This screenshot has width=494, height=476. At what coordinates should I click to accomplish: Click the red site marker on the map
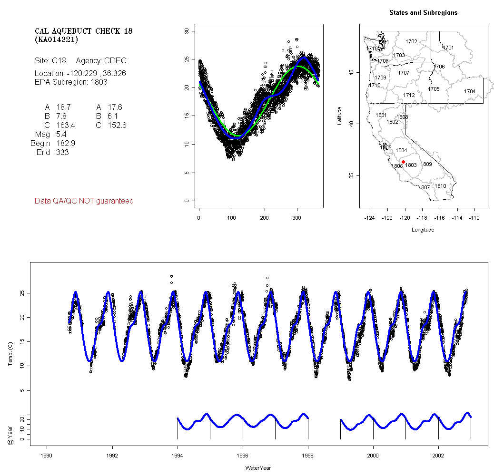(x=403, y=162)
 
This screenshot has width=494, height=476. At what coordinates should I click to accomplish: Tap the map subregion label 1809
(x=426, y=164)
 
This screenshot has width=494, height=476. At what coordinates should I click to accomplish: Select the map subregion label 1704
(x=470, y=91)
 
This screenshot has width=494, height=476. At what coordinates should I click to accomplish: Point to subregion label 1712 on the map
(x=409, y=95)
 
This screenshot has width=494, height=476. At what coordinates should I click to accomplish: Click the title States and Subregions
(x=423, y=13)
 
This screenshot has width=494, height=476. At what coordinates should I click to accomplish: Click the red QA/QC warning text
(x=84, y=201)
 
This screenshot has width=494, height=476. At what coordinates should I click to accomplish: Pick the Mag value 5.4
(x=61, y=135)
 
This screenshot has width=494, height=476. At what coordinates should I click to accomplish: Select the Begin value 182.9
(x=66, y=143)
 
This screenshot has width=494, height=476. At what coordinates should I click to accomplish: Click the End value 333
(x=62, y=152)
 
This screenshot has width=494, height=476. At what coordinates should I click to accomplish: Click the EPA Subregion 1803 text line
(x=71, y=82)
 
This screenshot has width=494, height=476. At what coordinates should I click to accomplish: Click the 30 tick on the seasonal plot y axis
(x=187, y=31)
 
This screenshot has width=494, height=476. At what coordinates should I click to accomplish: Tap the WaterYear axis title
(x=258, y=468)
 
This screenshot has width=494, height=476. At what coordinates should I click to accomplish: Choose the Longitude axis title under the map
(x=423, y=230)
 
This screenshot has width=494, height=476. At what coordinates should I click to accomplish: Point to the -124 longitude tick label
(x=370, y=217)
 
